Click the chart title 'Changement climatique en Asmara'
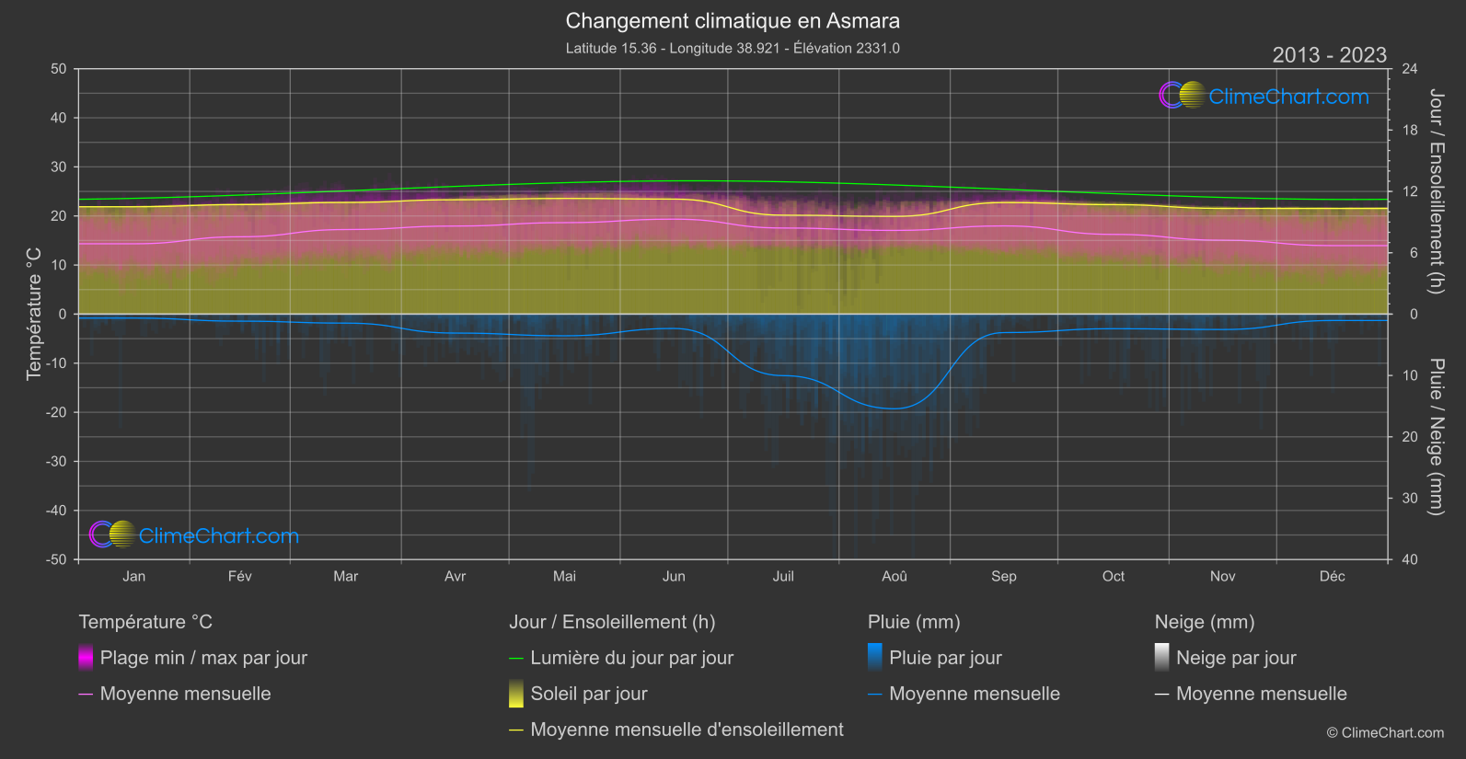733,20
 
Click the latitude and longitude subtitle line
733,48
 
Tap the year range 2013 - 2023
1329,55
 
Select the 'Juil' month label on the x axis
783,576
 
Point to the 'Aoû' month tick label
895,576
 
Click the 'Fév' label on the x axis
239,576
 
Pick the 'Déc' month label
1332,576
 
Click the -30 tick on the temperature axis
57,461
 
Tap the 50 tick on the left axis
59,69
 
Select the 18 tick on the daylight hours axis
1410,130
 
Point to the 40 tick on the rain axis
1410,559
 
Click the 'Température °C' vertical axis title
34,313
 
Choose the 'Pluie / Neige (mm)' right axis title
1436,436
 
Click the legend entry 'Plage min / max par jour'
203,658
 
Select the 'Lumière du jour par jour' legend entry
631,658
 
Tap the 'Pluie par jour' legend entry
945,658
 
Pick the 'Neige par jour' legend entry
1236,658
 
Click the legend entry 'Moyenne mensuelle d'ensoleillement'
687,730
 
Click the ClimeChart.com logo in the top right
1264,96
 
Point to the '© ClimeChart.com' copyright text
1385,732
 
